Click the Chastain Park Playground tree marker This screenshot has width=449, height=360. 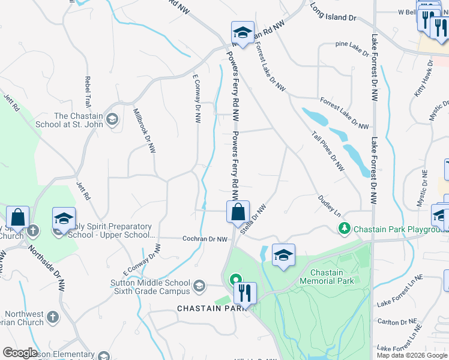(x=345, y=229)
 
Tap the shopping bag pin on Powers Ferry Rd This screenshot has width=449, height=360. (x=238, y=212)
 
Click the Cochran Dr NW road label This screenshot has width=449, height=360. (x=205, y=239)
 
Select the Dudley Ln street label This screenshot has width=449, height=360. (x=329, y=206)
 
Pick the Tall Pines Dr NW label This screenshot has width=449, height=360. (x=327, y=150)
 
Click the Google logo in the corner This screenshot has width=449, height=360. (x=20, y=353)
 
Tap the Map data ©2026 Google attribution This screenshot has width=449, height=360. (x=411, y=355)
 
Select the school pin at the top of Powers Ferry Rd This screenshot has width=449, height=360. (x=243, y=34)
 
